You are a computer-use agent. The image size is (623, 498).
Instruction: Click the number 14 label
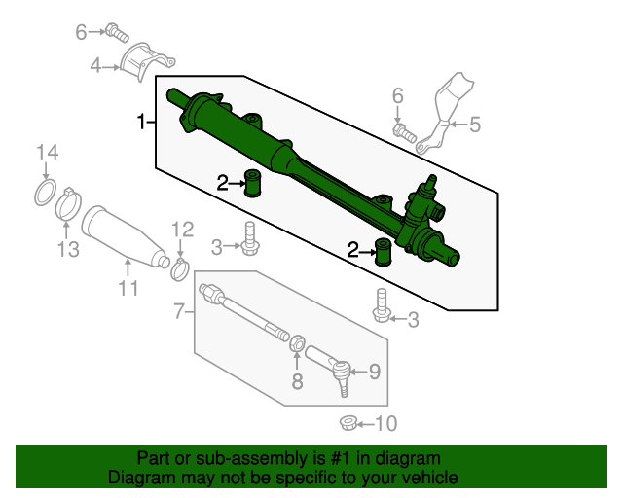[x=48, y=152]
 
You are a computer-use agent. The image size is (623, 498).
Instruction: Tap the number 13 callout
[x=66, y=250]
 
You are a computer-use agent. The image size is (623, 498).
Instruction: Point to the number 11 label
[x=128, y=288]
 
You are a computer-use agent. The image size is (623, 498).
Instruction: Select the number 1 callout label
[x=142, y=122]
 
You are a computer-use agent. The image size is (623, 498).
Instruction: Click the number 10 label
[x=386, y=423]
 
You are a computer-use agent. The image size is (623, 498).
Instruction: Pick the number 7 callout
[x=179, y=311]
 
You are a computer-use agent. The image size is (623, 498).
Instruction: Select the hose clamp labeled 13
[x=69, y=205]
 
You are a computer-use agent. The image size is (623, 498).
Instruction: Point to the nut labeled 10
[x=347, y=422]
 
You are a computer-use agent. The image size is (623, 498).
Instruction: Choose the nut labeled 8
[x=299, y=343]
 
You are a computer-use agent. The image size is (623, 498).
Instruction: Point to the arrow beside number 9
[x=357, y=371]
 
